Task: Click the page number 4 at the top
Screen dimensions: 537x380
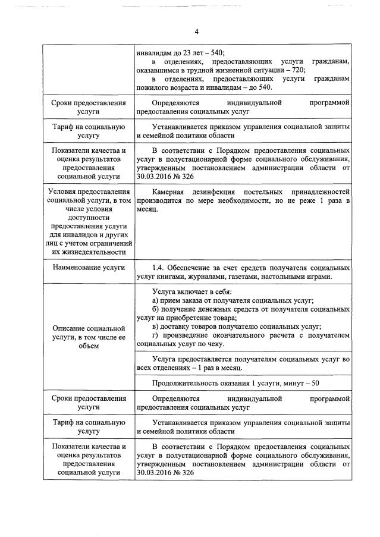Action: point(196,32)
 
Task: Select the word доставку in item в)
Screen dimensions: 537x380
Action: point(177,326)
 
